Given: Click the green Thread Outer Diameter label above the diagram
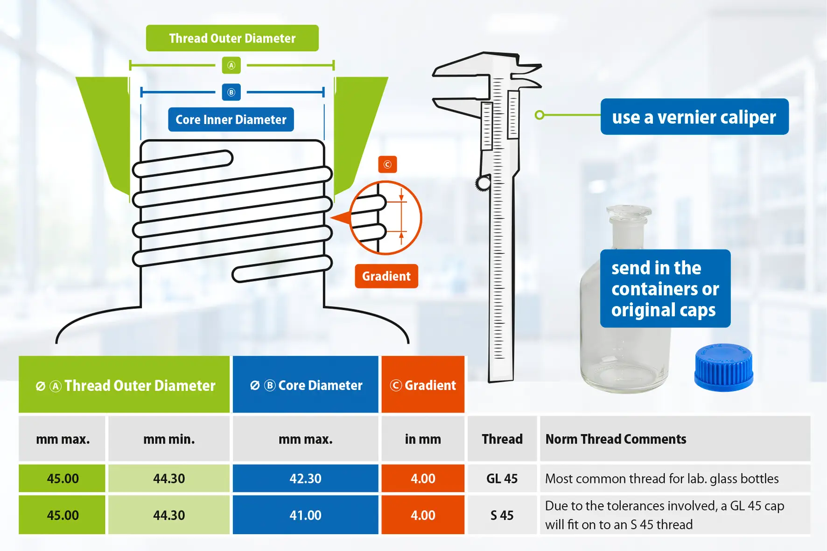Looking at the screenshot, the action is pyautogui.click(x=232, y=38).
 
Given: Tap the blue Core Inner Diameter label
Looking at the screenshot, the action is pyautogui.click(x=231, y=119).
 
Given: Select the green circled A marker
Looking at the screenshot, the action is pyautogui.click(x=231, y=65).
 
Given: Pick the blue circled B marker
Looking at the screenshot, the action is pyautogui.click(x=231, y=92).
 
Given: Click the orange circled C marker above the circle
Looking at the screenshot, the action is pyautogui.click(x=387, y=164).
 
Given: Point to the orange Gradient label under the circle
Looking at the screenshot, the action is pyautogui.click(x=386, y=276).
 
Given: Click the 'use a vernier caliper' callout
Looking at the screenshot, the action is pyautogui.click(x=694, y=117).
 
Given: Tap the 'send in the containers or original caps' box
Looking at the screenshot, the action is pyautogui.click(x=665, y=288).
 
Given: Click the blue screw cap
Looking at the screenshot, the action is pyautogui.click(x=723, y=367).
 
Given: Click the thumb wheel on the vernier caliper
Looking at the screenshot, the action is pyautogui.click(x=483, y=183).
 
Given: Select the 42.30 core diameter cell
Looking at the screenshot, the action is pyautogui.click(x=306, y=478).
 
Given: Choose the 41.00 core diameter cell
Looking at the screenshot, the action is pyautogui.click(x=306, y=515).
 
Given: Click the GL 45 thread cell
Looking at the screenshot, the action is pyautogui.click(x=502, y=478).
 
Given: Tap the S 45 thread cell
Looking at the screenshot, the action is pyautogui.click(x=502, y=515).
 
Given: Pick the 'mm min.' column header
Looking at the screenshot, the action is pyautogui.click(x=169, y=439).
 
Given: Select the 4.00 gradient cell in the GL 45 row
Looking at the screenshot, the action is pyautogui.click(x=423, y=478).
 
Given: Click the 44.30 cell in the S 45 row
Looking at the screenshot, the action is pyautogui.click(x=169, y=515).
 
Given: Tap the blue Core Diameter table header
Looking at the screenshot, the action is pyautogui.click(x=306, y=385).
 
